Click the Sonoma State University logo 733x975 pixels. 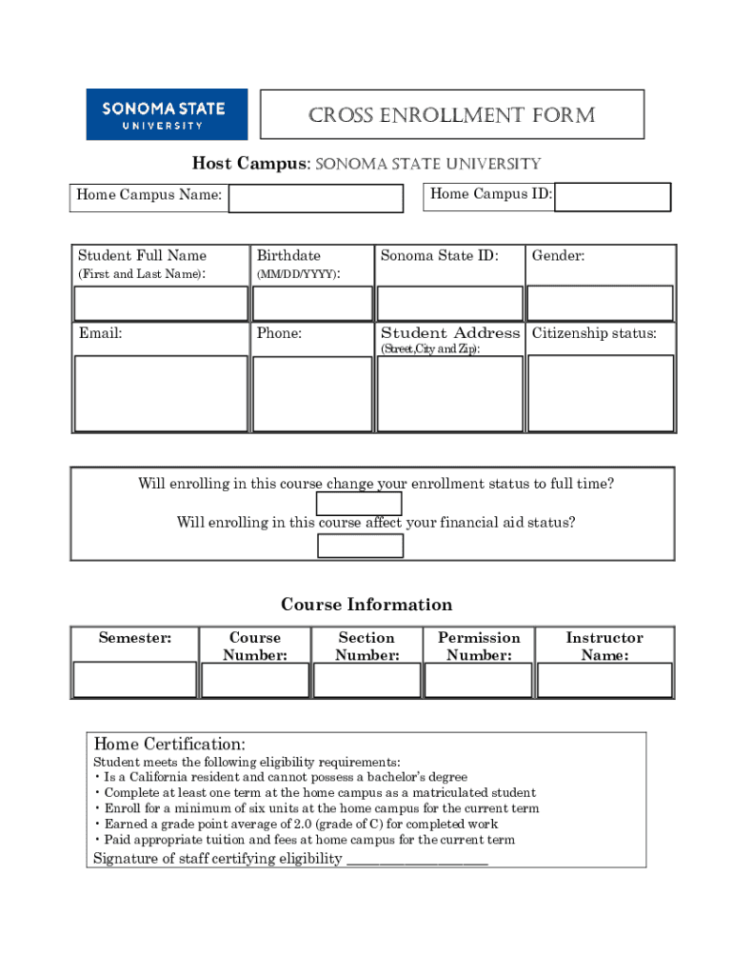pyautogui.click(x=167, y=114)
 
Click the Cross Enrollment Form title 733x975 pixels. pyautogui.click(x=452, y=115)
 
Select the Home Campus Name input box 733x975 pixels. pyautogui.click(x=315, y=198)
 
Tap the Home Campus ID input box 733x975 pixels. pyautogui.click(x=613, y=197)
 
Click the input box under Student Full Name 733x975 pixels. pyautogui.click(x=161, y=304)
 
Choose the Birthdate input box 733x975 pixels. pyautogui.click(x=311, y=304)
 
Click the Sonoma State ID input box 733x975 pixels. pyautogui.click(x=449, y=304)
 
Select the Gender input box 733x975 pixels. pyautogui.click(x=600, y=304)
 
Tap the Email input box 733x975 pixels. pyautogui.click(x=161, y=393)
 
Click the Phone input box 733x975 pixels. pyautogui.click(x=311, y=393)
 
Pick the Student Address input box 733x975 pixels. pyautogui.click(x=449, y=393)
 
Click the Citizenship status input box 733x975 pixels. pyautogui.click(x=600, y=393)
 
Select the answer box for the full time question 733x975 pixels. pyautogui.click(x=359, y=504)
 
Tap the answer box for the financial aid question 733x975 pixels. pyautogui.click(x=360, y=546)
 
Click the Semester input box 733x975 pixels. pyautogui.click(x=134, y=680)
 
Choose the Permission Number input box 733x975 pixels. pyautogui.click(x=478, y=680)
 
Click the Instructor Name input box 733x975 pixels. pyautogui.click(x=604, y=680)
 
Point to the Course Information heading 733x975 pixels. pyautogui.click(x=366, y=605)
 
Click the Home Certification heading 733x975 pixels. pyautogui.click(x=169, y=744)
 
